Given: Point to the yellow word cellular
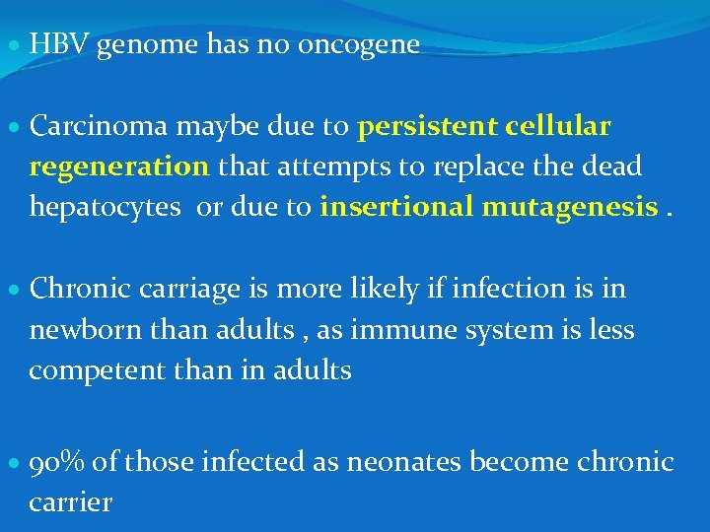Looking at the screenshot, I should [x=557, y=127].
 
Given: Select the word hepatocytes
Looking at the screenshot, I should [x=105, y=208].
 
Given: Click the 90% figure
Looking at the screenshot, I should [x=59, y=461].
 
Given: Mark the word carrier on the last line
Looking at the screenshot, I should [x=71, y=502].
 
